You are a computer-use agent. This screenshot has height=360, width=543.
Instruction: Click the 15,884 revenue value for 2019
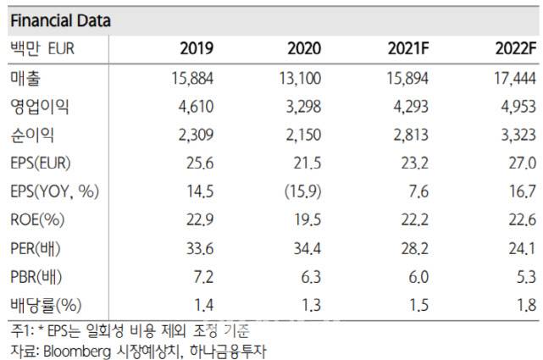(x=191, y=79)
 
